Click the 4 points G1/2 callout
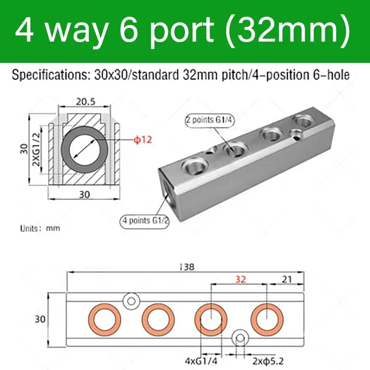click(144, 221)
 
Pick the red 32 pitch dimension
click(240, 279)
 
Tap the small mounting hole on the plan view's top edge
click(131, 301)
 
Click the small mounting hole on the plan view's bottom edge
click(240, 338)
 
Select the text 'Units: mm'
click(40, 228)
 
